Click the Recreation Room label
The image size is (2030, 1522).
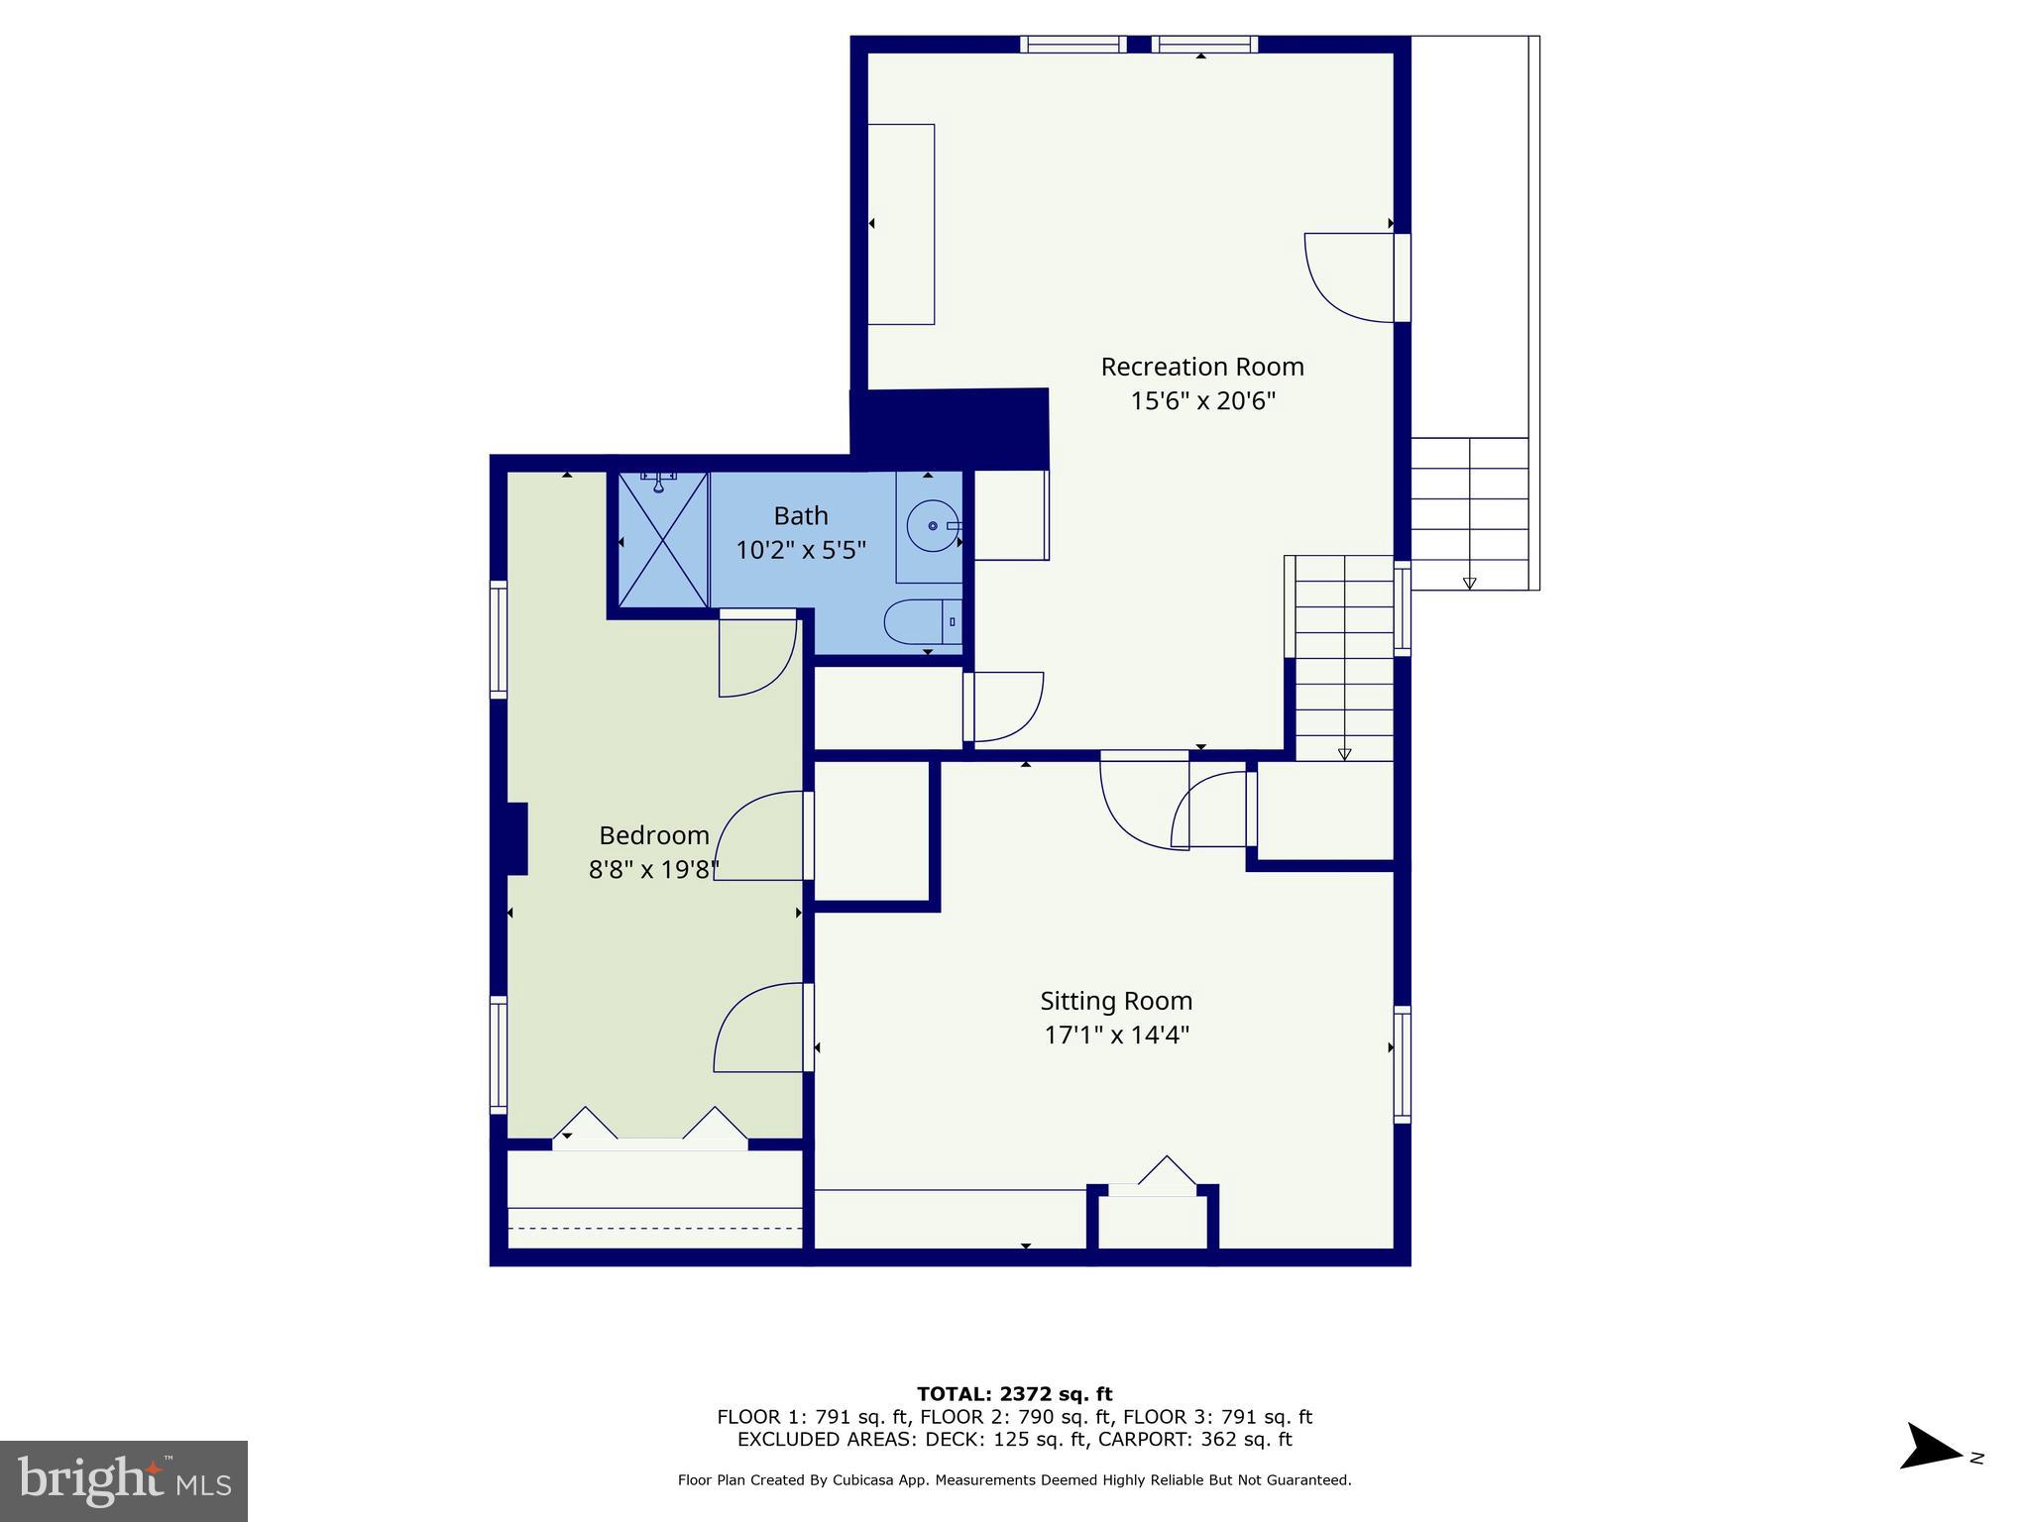(1201, 367)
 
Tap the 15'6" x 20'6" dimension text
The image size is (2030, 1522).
(1201, 401)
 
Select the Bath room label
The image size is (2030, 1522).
(800, 515)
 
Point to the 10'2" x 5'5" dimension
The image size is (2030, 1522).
(800, 550)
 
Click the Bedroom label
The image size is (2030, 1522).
(653, 835)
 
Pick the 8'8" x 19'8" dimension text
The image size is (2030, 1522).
(653, 870)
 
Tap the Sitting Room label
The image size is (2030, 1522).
(1115, 1001)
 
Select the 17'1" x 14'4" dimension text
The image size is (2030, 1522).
(1115, 1035)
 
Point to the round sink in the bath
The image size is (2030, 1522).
(932, 526)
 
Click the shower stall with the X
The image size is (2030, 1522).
(662, 540)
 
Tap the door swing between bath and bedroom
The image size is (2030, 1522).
(755, 654)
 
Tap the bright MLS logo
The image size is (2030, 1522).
(124, 1481)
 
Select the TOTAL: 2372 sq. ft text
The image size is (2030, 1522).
(1014, 1394)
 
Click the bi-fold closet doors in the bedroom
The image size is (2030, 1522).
(649, 1130)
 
